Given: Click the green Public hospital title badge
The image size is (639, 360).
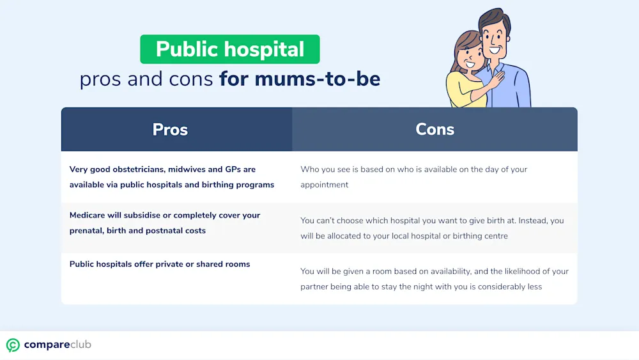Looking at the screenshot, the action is tap(230, 49).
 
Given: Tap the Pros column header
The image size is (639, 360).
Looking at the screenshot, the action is tap(170, 130).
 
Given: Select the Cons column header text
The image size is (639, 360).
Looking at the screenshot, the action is tap(435, 129).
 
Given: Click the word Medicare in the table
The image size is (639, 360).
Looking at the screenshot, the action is tap(87, 215).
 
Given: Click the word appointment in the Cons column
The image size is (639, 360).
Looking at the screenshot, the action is tap(325, 185).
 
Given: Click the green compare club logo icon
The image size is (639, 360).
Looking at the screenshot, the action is tap(13, 345).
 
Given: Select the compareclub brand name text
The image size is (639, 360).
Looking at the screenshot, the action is tap(58, 345).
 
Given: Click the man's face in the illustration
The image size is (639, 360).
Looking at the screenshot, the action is tap(495, 40).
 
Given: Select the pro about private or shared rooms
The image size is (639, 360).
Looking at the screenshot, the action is tap(160, 264).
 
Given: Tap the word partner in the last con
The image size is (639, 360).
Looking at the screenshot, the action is tap(314, 287).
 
